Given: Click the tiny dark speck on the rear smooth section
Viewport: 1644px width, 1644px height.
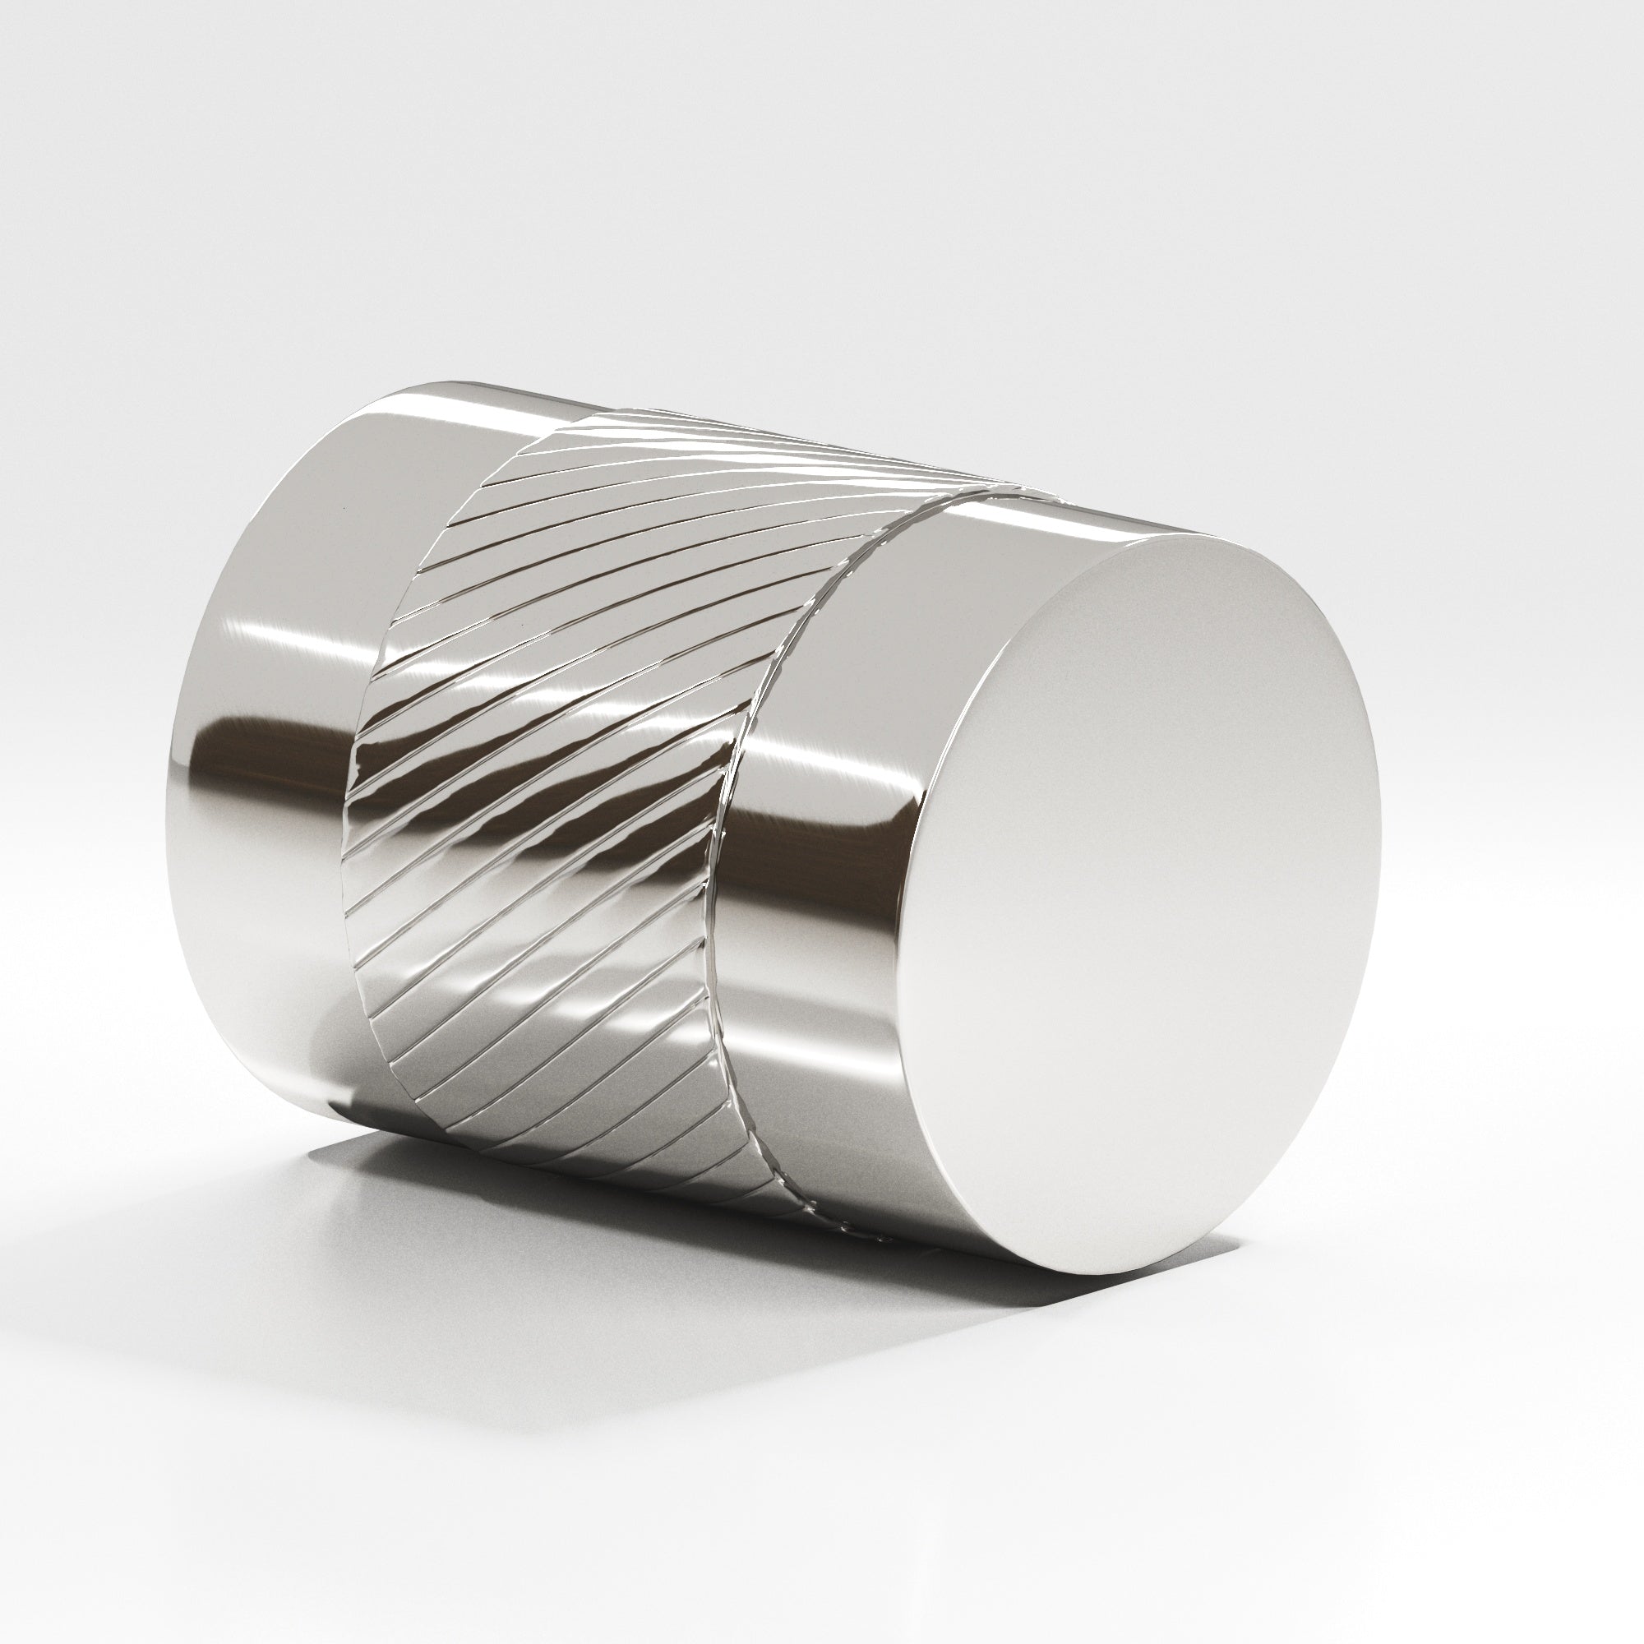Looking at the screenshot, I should (344, 509).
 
